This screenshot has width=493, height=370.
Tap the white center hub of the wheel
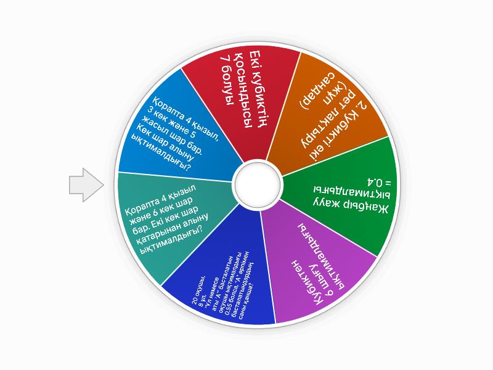point(257,181)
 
